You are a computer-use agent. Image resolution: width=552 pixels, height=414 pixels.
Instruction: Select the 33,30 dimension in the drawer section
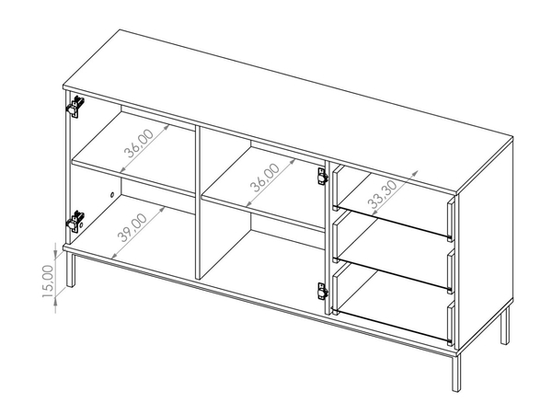383,195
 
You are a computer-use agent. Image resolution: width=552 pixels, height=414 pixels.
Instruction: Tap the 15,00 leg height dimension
48,282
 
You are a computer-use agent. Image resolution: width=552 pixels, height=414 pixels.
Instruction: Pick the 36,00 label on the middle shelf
265,178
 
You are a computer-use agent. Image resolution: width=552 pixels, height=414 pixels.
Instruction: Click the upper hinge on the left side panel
75,107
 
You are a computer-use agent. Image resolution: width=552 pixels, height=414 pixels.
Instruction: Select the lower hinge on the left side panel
75,222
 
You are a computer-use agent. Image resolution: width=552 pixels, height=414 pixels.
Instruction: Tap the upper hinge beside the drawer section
323,177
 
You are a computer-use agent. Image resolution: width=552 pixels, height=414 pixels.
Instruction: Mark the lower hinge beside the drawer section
323,291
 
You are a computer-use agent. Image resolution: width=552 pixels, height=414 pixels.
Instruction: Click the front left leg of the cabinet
71,270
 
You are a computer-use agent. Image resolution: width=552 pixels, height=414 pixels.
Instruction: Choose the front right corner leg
456,373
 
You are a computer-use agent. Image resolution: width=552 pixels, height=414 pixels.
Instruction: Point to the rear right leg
505,325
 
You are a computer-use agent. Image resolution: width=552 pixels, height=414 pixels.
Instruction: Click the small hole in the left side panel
112,194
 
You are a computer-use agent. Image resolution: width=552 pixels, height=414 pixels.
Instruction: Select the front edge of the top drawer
451,219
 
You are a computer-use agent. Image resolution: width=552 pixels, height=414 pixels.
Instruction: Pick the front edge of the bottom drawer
451,323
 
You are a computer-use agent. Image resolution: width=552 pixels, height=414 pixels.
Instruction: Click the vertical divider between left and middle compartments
198,203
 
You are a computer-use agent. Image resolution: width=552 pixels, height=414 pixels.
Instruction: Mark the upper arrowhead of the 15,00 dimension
55,253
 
